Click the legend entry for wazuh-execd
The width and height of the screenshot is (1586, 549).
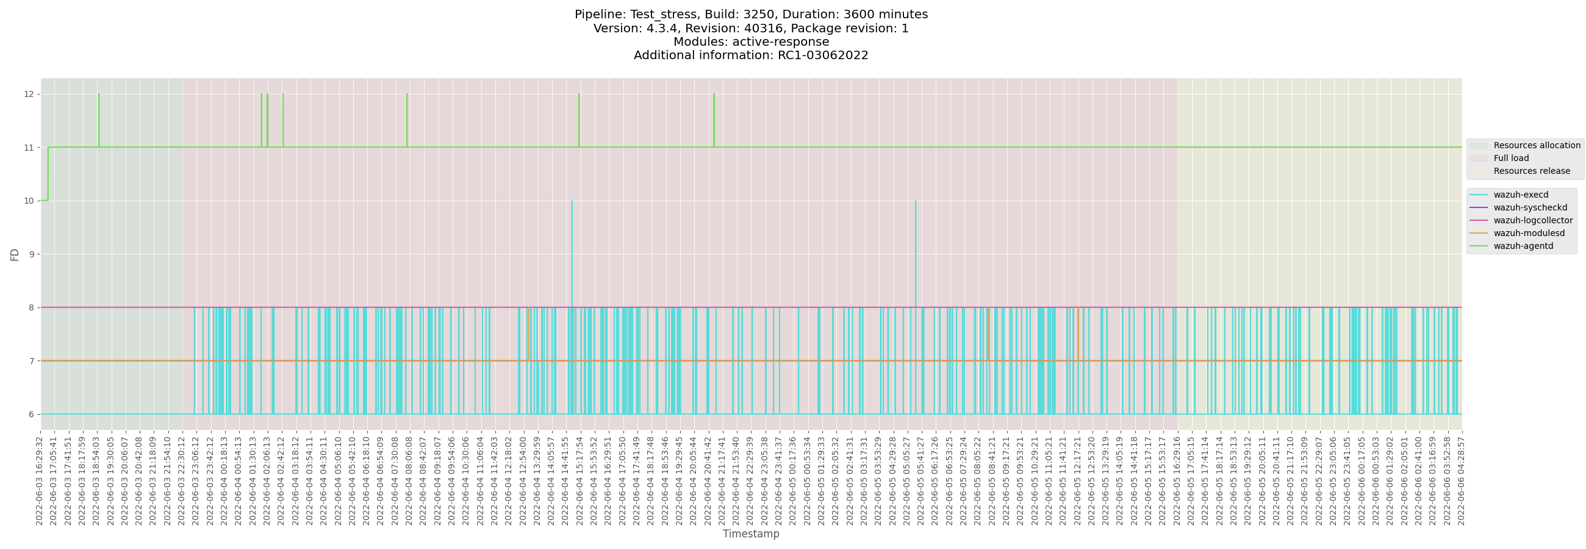(x=1520, y=195)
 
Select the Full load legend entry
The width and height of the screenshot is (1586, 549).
(x=1511, y=158)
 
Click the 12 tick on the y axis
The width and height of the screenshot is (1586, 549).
(x=28, y=94)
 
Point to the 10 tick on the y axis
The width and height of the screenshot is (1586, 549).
(x=28, y=201)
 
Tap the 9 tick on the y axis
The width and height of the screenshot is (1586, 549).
(x=30, y=254)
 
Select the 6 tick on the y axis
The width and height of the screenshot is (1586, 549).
(x=30, y=414)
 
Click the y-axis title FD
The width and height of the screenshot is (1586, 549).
(x=15, y=254)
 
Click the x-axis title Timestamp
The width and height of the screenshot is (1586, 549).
(x=750, y=534)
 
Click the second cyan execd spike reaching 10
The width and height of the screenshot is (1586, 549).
(x=916, y=203)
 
